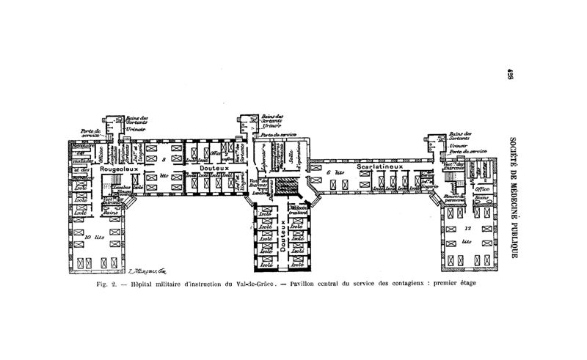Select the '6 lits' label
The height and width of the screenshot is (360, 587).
coord(335,174)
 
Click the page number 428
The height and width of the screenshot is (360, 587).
coord(508,77)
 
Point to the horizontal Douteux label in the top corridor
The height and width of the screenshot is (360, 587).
coord(216,169)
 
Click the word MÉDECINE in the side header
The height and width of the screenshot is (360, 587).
coord(508,194)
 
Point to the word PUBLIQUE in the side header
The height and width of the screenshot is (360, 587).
coord(508,238)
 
